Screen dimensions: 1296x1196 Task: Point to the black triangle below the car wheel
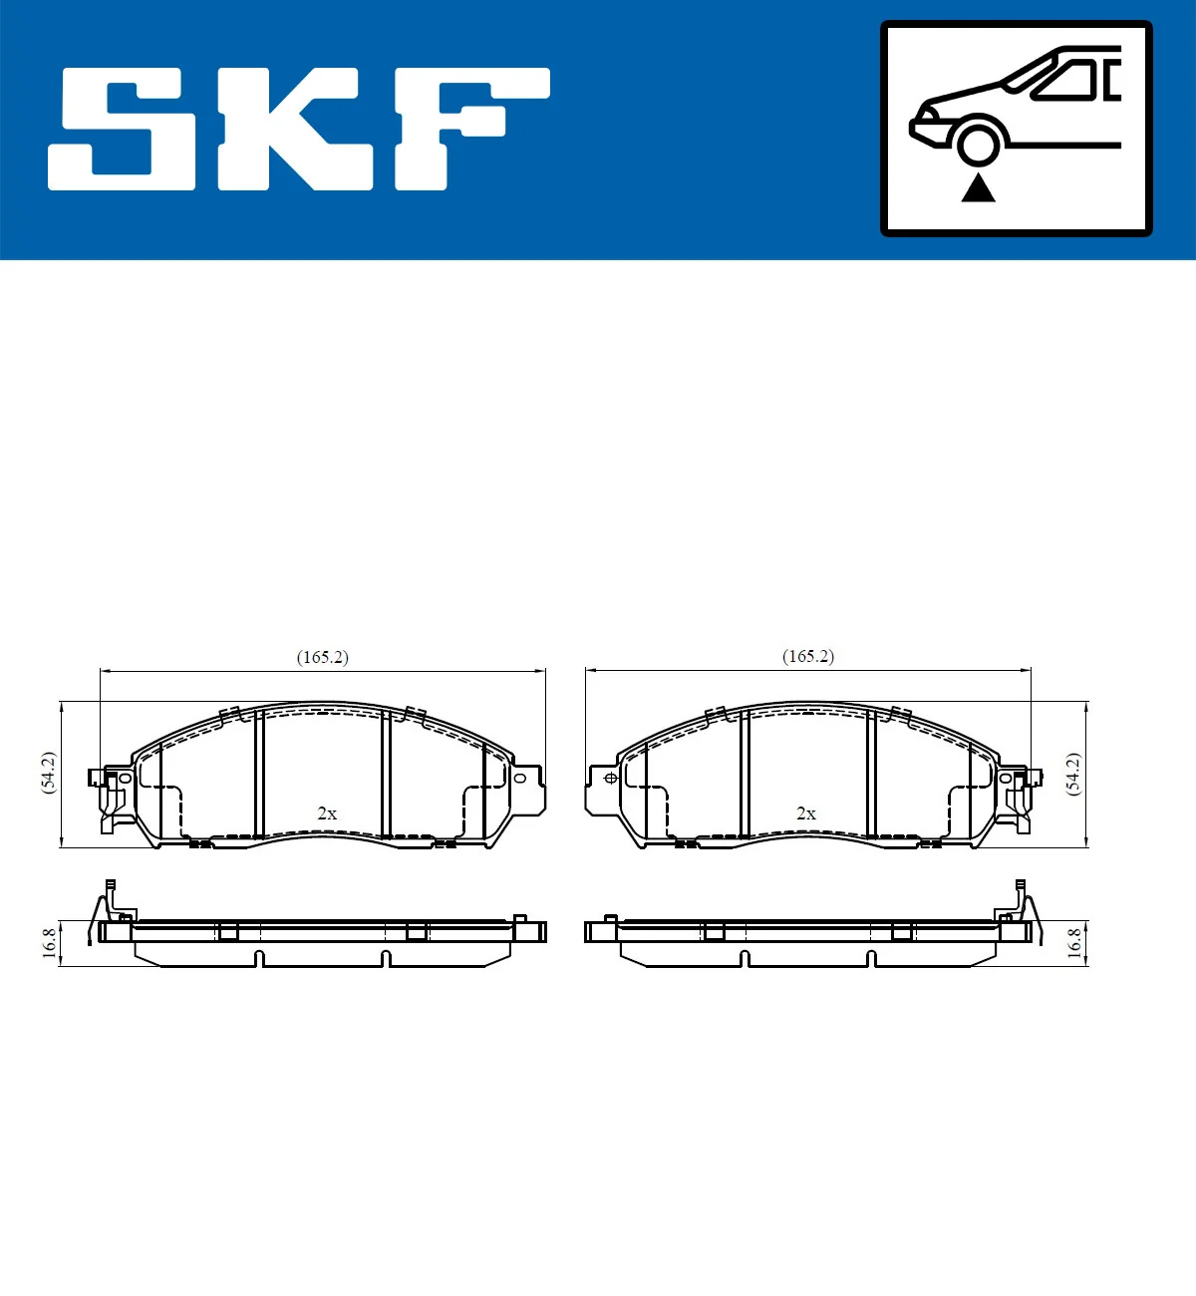tap(978, 188)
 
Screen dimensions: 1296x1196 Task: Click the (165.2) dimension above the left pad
tap(322, 658)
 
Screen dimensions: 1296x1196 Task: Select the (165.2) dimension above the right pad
tap(808, 657)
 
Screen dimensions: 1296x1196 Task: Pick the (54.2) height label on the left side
tap(49, 773)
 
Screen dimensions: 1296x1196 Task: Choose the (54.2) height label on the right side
tap(1073, 773)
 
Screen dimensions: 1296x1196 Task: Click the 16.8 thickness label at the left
tap(49, 943)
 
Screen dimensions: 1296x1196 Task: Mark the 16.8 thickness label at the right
tap(1073, 943)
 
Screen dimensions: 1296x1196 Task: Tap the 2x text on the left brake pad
tap(327, 813)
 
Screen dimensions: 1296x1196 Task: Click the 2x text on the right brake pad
tap(806, 813)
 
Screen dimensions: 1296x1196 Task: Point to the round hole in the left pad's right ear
tap(519, 778)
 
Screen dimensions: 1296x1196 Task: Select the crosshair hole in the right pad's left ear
tap(611, 778)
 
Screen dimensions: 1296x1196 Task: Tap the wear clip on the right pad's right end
tap(1018, 798)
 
